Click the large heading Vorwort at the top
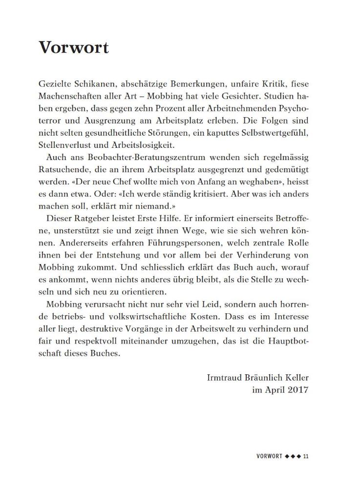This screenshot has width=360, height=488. [73, 47]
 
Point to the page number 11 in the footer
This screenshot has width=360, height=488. [306, 456]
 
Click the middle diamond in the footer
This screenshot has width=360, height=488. [292, 456]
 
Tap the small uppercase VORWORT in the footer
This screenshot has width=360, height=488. [269, 456]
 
